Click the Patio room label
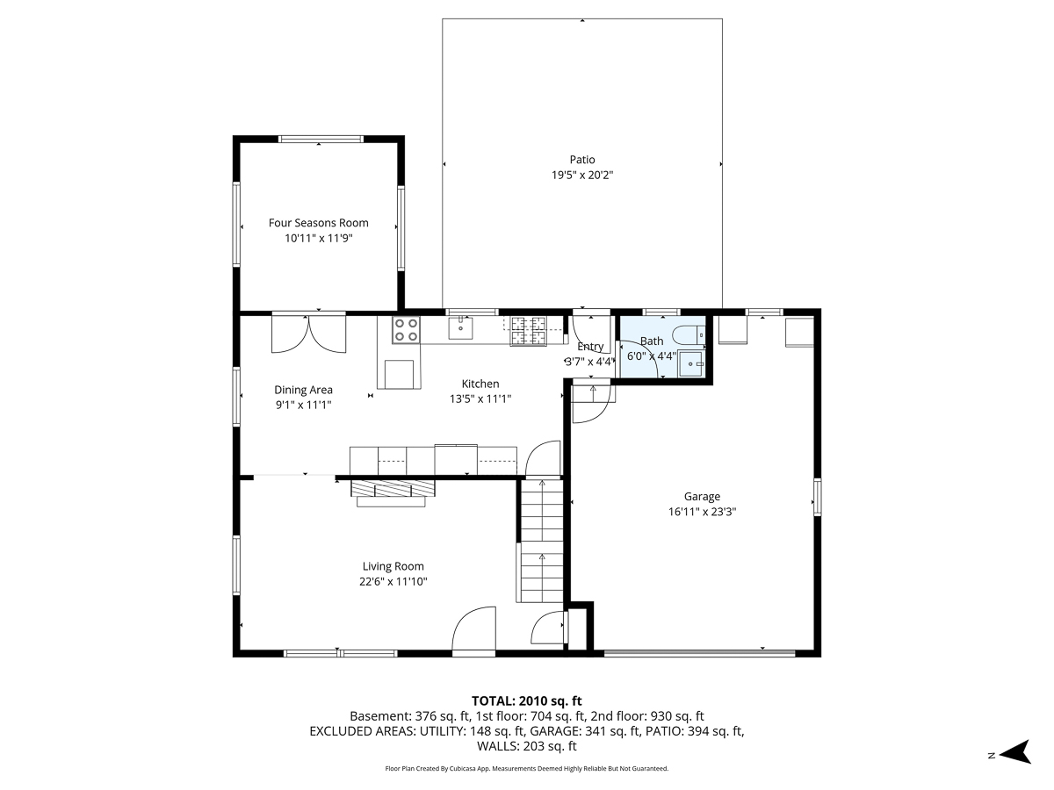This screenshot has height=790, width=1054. click(x=582, y=160)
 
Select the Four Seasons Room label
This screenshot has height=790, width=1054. click(x=318, y=223)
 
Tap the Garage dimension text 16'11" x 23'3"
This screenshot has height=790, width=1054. click(x=702, y=512)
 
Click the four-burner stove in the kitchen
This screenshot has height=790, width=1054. click(x=406, y=330)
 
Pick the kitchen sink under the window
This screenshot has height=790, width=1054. click(x=460, y=327)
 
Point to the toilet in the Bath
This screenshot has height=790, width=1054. click(x=689, y=335)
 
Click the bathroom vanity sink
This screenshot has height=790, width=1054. click(x=691, y=364)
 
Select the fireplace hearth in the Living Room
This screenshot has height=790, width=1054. click(x=393, y=493)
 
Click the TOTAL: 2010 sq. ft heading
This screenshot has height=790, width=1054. click(x=526, y=701)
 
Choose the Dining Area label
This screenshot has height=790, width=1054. click(x=303, y=390)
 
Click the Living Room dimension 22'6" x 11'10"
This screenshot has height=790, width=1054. click(x=393, y=582)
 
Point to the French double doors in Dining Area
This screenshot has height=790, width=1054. click(x=309, y=334)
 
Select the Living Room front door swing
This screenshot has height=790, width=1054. click(x=474, y=628)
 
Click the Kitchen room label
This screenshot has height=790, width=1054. click(x=480, y=384)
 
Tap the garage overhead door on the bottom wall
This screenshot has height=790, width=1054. click(x=700, y=653)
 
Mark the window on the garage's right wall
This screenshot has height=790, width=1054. click(x=817, y=497)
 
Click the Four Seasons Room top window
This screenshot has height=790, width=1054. click(x=321, y=139)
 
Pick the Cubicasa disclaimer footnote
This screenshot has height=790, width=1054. click(x=526, y=768)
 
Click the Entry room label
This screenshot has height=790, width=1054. click(x=590, y=347)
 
